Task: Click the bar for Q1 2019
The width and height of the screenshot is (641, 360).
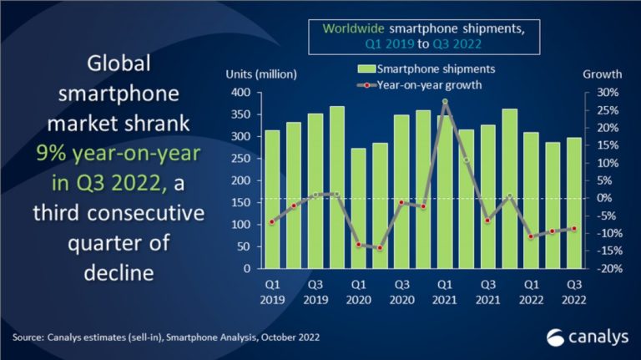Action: click(x=272, y=200)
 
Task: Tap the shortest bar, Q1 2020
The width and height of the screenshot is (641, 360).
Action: click(x=359, y=209)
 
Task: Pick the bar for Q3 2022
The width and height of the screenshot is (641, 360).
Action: click(x=573, y=204)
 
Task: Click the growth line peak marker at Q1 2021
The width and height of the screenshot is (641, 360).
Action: click(x=446, y=102)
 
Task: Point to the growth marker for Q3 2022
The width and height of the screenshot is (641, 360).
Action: click(x=573, y=228)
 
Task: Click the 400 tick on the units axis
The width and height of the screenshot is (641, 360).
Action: click(x=240, y=93)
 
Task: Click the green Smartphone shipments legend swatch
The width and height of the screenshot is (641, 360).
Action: click(x=366, y=68)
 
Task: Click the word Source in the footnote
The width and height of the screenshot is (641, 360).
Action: click(x=30, y=337)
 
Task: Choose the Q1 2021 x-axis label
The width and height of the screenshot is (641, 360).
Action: click(x=445, y=292)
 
